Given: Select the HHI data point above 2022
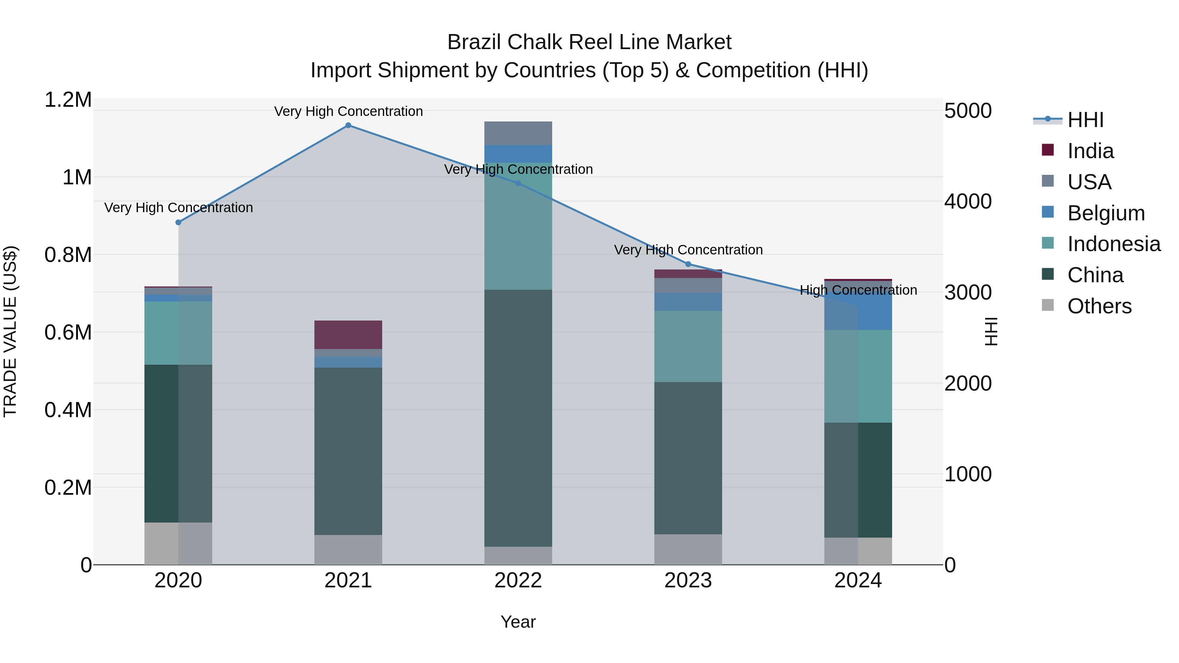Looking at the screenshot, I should pyautogui.click(x=518, y=183).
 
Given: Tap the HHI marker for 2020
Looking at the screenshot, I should pyautogui.click(x=178, y=222).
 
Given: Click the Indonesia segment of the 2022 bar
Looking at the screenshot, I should pyautogui.click(x=518, y=227).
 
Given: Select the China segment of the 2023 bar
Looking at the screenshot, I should pyautogui.click(x=688, y=458).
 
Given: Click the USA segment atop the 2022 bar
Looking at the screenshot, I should pyautogui.click(x=518, y=133).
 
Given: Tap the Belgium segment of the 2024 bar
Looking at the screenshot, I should pyautogui.click(x=858, y=306).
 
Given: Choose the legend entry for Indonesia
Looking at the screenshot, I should pyautogui.click(x=1113, y=244).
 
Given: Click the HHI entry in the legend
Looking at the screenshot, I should pyautogui.click(x=1085, y=120).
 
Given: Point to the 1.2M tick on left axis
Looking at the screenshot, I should pyautogui.click(x=68, y=100).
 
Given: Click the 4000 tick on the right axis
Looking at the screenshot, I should pyautogui.click(x=967, y=201).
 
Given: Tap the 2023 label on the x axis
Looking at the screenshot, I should pyautogui.click(x=688, y=580).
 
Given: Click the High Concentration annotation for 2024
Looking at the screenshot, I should pyautogui.click(x=858, y=290).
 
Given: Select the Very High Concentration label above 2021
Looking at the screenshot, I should pyautogui.click(x=348, y=111).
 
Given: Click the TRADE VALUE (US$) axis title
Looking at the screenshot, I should pyautogui.click(x=10, y=331).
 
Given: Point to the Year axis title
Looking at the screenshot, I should pyautogui.click(x=518, y=622).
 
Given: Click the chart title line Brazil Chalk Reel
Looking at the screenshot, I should pyautogui.click(x=589, y=42).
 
